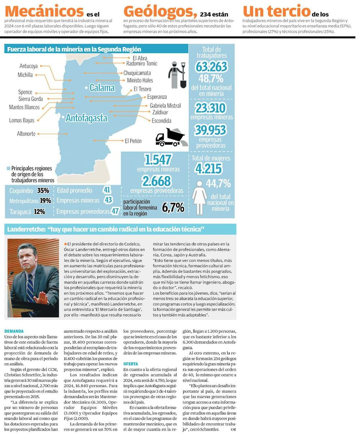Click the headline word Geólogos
160,11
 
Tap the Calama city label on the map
102,88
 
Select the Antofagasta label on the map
86,118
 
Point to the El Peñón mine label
133,141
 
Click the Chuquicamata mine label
137,73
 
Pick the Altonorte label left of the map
26,134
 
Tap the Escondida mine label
161,121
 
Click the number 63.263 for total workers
212,67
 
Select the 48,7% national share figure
212,79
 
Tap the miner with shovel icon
177,75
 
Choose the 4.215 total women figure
209,169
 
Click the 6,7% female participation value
173,207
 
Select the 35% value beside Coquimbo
43,190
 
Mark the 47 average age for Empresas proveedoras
115,211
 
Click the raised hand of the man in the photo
42,297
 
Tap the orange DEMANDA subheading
14,331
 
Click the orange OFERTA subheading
131,364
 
